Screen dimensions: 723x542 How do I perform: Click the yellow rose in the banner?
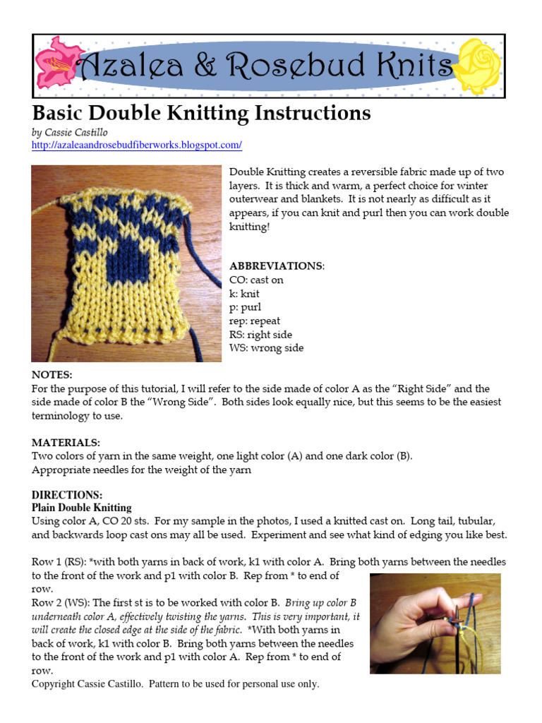click(x=479, y=66)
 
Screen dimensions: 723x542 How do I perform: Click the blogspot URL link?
click(x=136, y=145)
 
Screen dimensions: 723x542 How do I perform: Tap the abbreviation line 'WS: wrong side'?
click(x=267, y=348)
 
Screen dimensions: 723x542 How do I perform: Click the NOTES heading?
click(x=52, y=375)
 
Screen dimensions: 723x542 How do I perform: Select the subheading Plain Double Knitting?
click(x=81, y=508)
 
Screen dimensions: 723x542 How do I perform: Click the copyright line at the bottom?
click(x=175, y=684)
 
